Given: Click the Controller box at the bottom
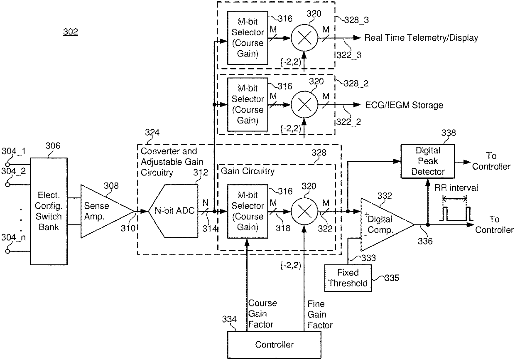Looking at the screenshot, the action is (274, 345).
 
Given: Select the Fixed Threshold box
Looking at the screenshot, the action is (348, 278).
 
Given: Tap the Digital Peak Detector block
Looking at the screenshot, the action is (428, 161).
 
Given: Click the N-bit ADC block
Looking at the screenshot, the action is (173, 211).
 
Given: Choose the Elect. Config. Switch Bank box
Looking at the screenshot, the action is (49, 211).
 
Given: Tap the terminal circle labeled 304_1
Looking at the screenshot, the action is (7, 165).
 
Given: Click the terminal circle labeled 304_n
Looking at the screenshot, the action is (7, 252).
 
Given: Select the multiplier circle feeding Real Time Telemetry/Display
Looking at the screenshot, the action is (304, 38).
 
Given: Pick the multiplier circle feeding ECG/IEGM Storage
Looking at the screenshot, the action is (304, 105).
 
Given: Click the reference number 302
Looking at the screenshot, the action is (71, 32).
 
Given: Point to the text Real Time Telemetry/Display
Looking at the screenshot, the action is (421, 38).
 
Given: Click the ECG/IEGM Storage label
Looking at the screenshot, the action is (404, 105).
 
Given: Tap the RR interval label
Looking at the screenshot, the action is (456, 188).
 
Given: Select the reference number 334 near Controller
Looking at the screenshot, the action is (229, 319).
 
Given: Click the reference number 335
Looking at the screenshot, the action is (392, 278).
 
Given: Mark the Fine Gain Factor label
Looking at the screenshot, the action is (320, 314).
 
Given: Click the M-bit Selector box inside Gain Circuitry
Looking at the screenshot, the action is (248, 211).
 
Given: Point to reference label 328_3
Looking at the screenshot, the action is (356, 20).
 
